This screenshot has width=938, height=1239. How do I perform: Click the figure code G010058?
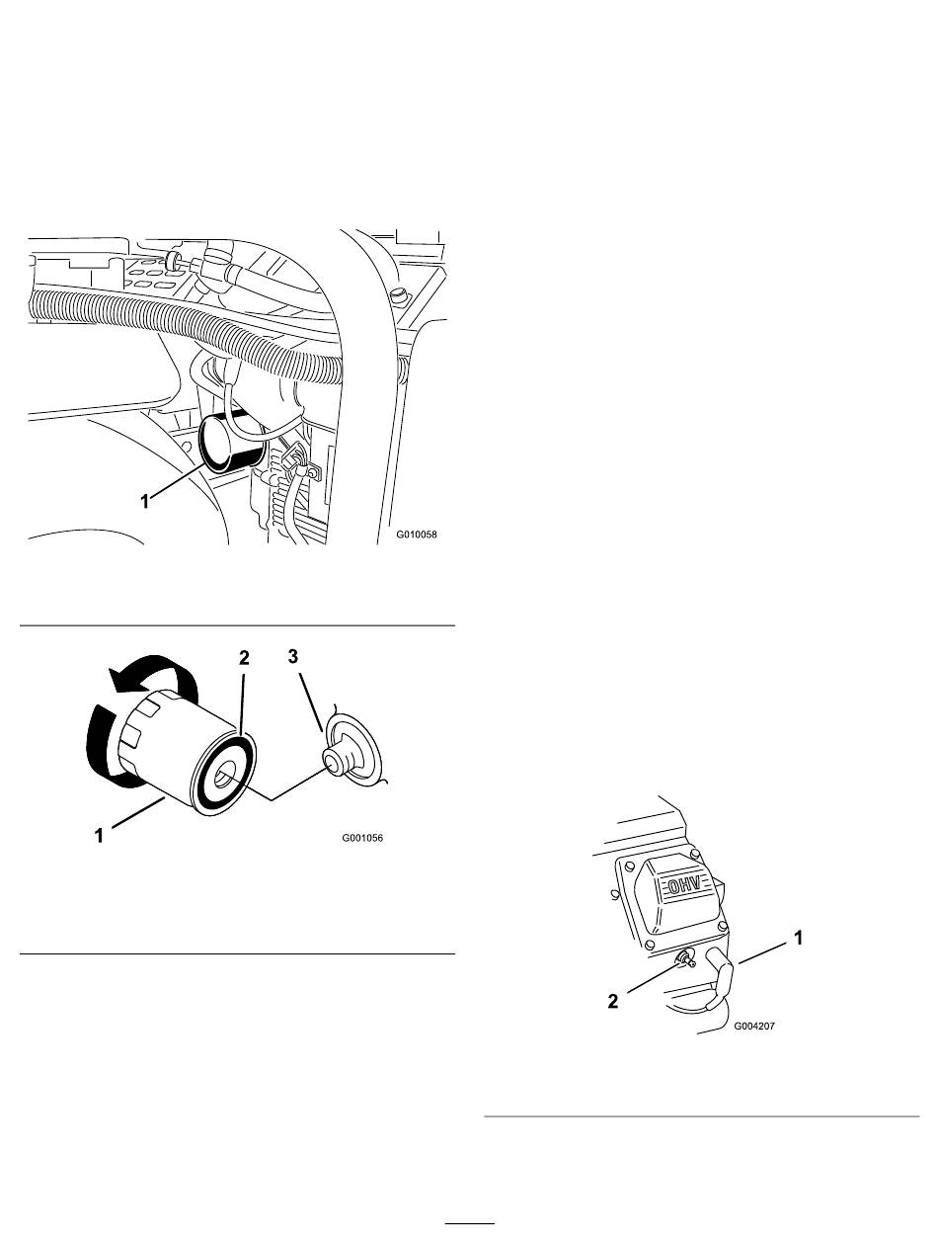pyautogui.click(x=416, y=534)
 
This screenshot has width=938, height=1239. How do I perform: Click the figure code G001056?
pyautogui.click(x=362, y=838)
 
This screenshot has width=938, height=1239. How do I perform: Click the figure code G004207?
pyautogui.click(x=754, y=1027)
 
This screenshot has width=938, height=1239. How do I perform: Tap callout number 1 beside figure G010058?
pyautogui.click(x=145, y=501)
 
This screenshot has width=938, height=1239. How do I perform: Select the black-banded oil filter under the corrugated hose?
pyautogui.click(x=232, y=442)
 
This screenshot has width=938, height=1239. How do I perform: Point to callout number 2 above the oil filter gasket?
pyautogui.click(x=244, y=658)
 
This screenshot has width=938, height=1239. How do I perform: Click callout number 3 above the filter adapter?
pyautogui.click(x=292, y=656)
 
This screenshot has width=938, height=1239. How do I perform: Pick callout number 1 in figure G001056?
pyautogui.click(x=100, y=836)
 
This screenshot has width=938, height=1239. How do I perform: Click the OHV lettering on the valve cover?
pyautogui.click(x=684, y=885)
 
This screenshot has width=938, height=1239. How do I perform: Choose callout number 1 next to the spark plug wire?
pyautogui.click(x=798, y=938)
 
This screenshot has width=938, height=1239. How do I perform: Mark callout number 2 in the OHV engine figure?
pyautogui.click(x=612, y=1001)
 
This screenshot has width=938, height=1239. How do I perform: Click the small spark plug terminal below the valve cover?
pyautogui.click(x=685, y=957)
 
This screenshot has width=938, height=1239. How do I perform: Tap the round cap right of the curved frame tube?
pyautogui.click(x=399, y=292)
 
